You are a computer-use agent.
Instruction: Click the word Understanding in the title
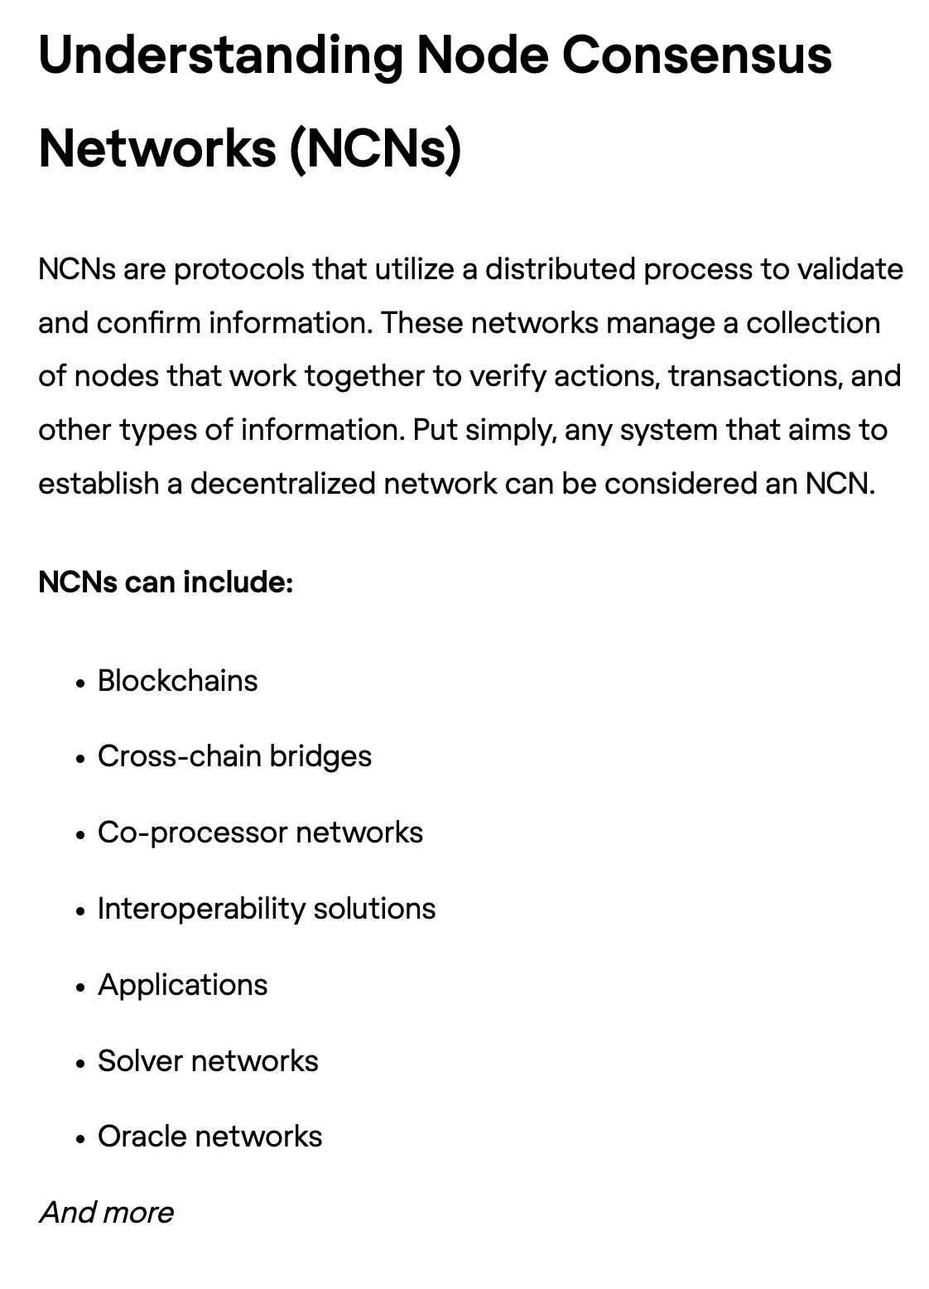pos(220,56)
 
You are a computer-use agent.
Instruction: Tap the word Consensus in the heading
pos(696,56)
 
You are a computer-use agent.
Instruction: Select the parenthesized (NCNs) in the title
pos(375,149)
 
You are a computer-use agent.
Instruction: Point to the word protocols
pos(239,269)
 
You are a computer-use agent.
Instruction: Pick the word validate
pos(850,269)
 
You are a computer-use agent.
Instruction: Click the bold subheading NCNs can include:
pos(166,582)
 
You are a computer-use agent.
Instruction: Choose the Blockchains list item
pos(177,681)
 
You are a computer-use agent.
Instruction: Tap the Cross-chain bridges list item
pos(234,756)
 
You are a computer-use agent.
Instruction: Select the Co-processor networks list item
pos(260,833)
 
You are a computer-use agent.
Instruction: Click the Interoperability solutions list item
pos(266,909)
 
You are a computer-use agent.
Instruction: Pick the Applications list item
pos(182,985)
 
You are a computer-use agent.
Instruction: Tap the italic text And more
pos(107,1213)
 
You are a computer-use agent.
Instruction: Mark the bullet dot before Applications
pos(80,987)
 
